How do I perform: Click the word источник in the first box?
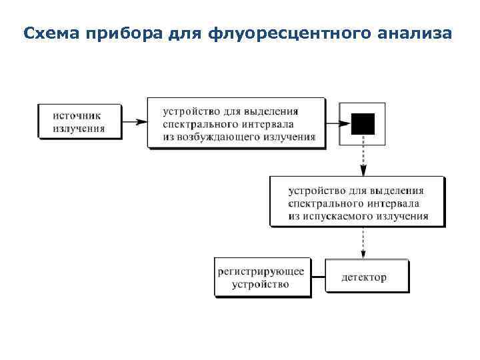79,115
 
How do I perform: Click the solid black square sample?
363,124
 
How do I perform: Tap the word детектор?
364,277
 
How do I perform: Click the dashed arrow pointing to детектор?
363,243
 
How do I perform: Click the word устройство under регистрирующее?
261,284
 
